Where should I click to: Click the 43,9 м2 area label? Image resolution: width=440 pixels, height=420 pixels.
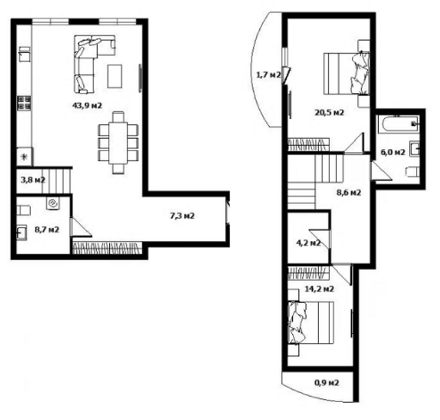tap(87, 106)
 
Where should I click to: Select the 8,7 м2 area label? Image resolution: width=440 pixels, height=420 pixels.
tap(45, 229)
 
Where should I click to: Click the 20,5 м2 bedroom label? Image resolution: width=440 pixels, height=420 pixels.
tap(329, 112)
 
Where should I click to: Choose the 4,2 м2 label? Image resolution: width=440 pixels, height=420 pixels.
tap(307, 242)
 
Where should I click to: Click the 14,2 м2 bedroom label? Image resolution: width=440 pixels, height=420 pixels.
tap(319, 289)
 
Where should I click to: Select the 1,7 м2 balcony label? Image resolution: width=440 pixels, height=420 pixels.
tap(267, 75)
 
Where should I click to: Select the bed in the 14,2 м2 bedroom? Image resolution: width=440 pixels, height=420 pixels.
tap(312, 323)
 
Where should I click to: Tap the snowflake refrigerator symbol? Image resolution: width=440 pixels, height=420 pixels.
tap(25, 157)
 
